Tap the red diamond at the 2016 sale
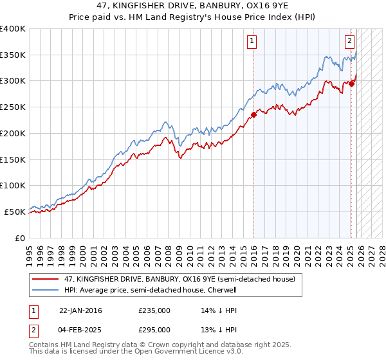tap(253, 115)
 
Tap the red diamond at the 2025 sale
tap(352, 83)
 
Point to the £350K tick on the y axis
tap(13, 55)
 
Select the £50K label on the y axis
tap(15, 212)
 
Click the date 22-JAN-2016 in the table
tap(80, 310)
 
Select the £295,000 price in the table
tap(154, 329)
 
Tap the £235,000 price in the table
tap(154, 310)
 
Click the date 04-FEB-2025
tap(80, 329)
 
